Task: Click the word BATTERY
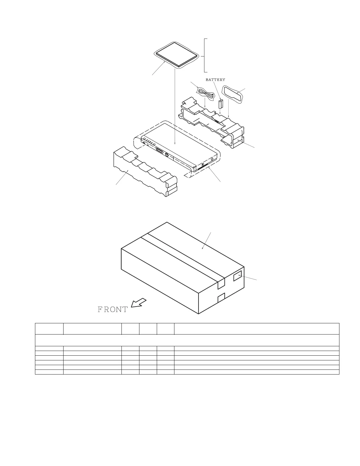coord(215,80)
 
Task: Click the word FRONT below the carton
coord(113,309)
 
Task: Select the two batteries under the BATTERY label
coord(221,104)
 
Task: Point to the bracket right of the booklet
coord(205,55)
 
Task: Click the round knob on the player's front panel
coord(167,155)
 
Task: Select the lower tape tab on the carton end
coord(221,298)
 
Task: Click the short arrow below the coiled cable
coord(204,103)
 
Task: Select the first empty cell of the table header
coord(49,329)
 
